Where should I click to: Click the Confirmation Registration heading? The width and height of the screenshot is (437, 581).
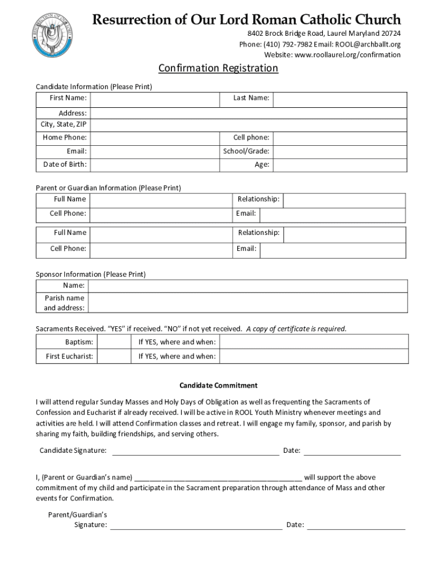tap(218, 69)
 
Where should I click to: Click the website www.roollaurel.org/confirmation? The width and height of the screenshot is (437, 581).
tap(347, 55)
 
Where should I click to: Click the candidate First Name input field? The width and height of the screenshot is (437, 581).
tap(155, 99)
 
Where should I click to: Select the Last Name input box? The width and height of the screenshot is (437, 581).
tap(339, 99)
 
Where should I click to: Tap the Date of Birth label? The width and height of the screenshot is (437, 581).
tap(65, 165)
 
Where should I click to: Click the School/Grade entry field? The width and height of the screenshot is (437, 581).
tap(339, 151)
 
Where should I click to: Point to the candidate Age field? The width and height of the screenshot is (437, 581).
tap(339, 165)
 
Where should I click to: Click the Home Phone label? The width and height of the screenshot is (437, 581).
tap(65, 138)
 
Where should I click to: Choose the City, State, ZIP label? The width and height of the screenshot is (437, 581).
tap(63, 124)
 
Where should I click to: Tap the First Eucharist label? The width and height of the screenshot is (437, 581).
tap(69, 356)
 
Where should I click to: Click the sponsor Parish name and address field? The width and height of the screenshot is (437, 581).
tap(248, 302)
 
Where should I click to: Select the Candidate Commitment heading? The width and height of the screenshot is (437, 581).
tap(218, 386)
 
